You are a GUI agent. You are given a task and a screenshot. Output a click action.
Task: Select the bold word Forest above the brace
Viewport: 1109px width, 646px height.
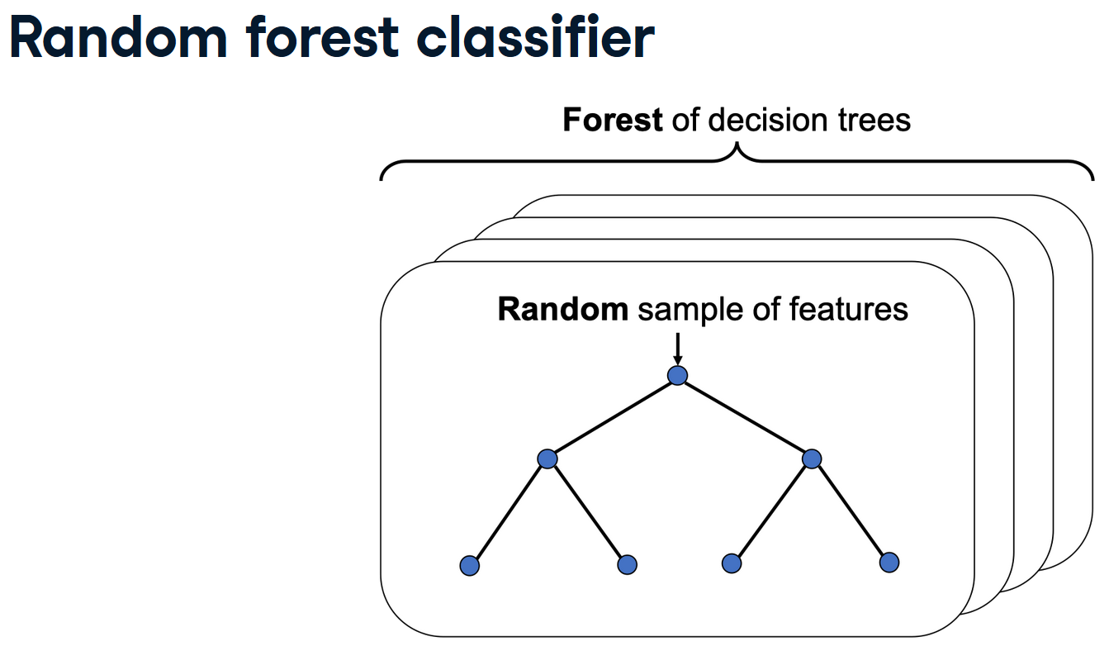612,121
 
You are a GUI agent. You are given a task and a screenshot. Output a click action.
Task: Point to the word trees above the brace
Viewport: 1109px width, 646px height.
873,121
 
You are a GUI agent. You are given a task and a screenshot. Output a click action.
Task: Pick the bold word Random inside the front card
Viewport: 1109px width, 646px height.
562,309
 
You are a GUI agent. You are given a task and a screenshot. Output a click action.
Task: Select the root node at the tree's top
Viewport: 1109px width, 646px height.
677,376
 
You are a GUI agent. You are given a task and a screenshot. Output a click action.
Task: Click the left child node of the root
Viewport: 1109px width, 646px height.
547,458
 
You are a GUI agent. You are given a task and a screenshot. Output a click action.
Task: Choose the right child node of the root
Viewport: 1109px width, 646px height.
812,458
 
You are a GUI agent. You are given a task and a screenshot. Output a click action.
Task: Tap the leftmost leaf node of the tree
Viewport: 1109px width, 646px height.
469,566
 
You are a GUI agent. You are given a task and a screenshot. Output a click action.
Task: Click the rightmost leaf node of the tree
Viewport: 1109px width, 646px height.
889,563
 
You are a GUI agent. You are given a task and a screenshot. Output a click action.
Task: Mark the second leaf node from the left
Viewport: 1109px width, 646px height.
627,565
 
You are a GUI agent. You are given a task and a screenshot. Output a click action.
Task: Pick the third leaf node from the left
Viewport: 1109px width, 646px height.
731,563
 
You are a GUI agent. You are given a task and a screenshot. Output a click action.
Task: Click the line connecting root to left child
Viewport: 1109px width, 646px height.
612,417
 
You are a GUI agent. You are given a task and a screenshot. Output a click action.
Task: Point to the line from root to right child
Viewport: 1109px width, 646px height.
744,417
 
